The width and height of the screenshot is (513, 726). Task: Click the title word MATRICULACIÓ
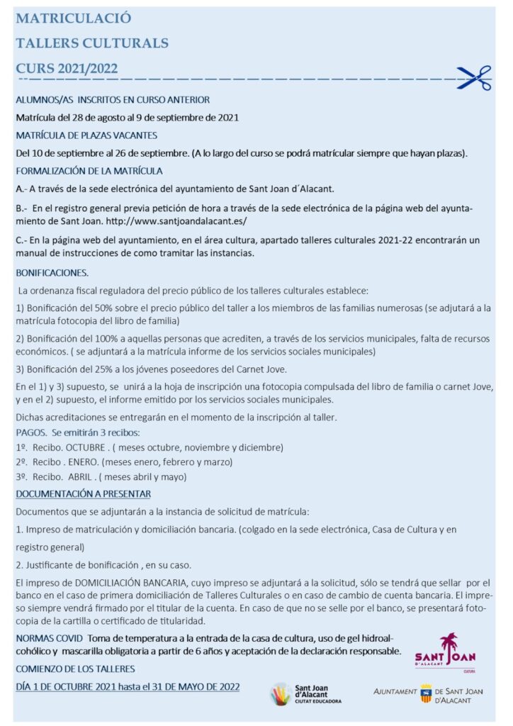coord(73,18)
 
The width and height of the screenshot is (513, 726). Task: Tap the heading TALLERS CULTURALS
coord(92,43)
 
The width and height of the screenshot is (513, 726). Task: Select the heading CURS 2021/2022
coord(67,68)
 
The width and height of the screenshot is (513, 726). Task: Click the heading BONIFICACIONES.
coord(52,272)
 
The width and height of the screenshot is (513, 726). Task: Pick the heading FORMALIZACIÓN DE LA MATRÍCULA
coord(89,171)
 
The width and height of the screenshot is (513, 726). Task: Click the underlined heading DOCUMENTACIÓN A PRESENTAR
coord(83,493)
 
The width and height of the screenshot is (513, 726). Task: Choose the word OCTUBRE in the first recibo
coord(85,447)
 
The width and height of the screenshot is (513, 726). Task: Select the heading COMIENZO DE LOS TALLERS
coord(75,669)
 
